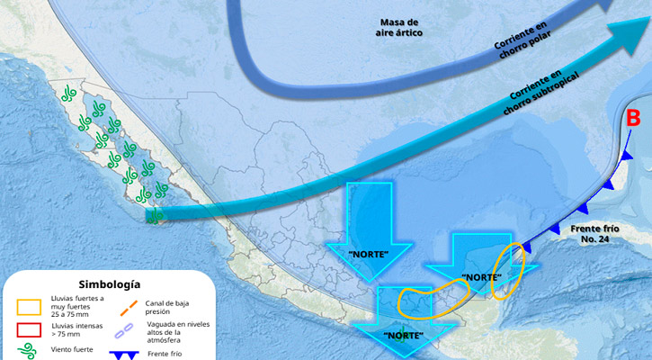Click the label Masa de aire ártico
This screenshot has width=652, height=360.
point(398,26)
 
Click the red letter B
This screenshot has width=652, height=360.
point(633,118)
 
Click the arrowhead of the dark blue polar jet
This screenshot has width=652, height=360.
point(609,5)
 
